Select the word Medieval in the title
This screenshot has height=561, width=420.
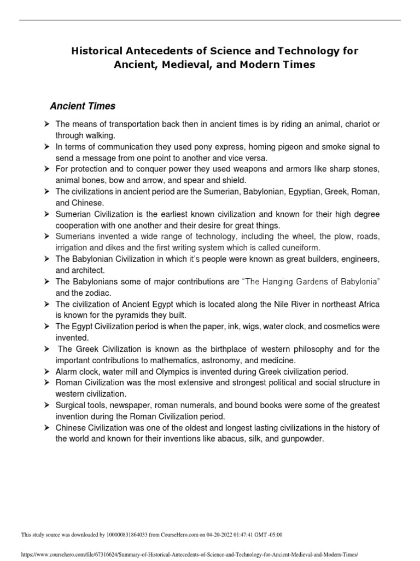(x=176, y=64)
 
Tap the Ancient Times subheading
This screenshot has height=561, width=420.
(x=83, y=106)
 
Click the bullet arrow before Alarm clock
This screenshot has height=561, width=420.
(x=47, y=371)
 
